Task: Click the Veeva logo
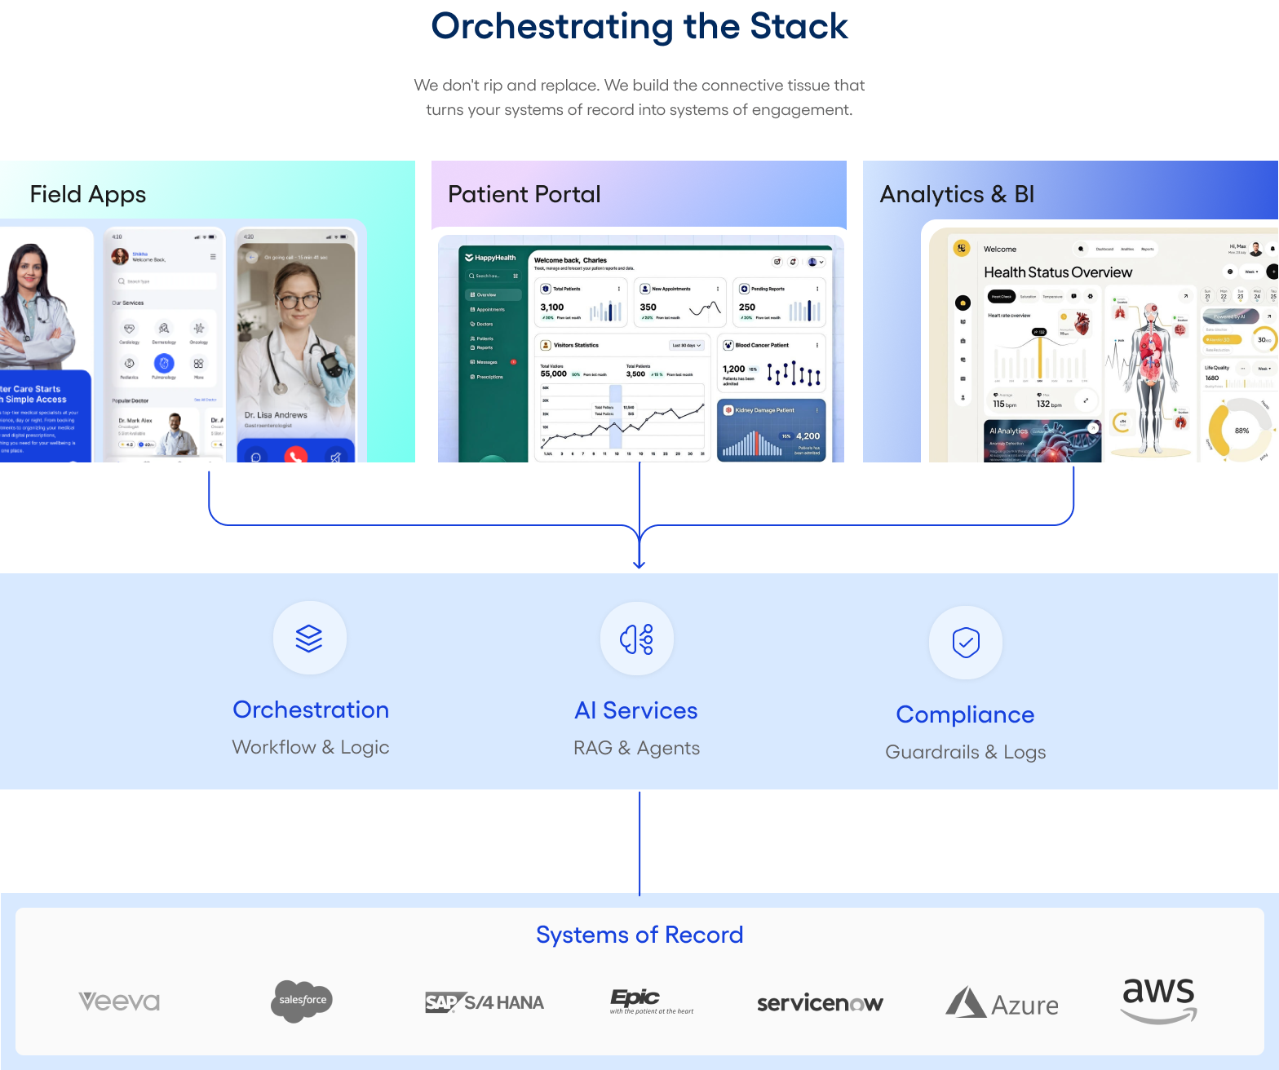(x=119, y=1001)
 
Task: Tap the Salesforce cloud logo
(x=302, y=1001)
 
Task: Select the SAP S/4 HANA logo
(x=485, y=1002)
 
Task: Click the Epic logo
(x=651, y=1001)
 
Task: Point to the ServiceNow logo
(x=820, y=1003)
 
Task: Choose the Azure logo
(x=1002, y=1003)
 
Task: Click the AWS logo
(x=1158, y=1000)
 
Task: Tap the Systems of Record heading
(x=639, y=935)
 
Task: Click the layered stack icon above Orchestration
(x=309, y=638)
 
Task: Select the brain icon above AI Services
(x=637, y=639)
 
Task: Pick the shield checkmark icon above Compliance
(x=966, y=643)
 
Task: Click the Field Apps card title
(x=88, y=194)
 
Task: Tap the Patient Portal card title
(x=524, y=194)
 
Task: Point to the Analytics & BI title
(x=957, y=194)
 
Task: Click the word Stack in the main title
(x=799, y=27)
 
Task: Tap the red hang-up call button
(x=296, y=456)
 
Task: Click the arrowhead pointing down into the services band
(x=639, y=563)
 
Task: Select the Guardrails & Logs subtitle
(x=966, y=752)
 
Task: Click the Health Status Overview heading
(x=1058, y=272)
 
